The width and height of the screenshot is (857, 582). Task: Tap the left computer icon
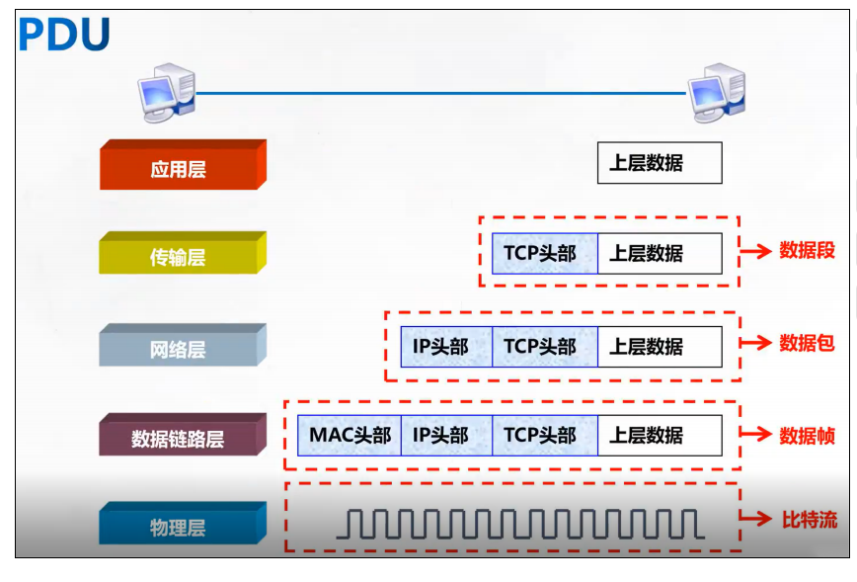pyautogui.click(x=168, y=90)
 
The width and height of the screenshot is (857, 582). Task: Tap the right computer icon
pyautogui.click(x=717, y=90)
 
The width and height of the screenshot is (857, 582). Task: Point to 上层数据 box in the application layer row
pyautogui.click(x=660, y=163)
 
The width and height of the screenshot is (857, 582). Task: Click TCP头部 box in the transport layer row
pyautogui.click(x=544, y=253)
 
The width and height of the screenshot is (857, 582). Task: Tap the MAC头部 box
pyautogui.click(x=350, y=435)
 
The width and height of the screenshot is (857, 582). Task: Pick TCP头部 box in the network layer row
pyautogui.click(x=544, y=347)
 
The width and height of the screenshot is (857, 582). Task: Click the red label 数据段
pyautogui.click(x=807, y=251)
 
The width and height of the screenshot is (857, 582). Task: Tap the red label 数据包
pyautogui.click(x=807, y=343)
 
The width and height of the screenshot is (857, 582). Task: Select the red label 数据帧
pyautogui.click(x=807, y=435)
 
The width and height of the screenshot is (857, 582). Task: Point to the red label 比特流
pyautogui.click(x=809, y=519)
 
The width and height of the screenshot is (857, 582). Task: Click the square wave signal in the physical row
pyautogui.click(x=519, y=524)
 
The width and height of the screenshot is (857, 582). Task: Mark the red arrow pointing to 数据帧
pyautogui.click(x=755, y=435)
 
